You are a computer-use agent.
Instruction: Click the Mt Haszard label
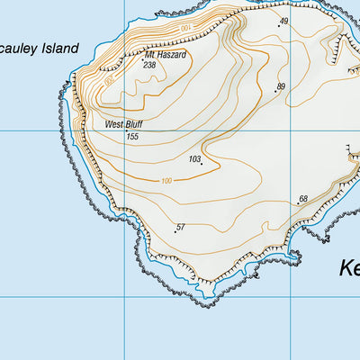pyautogui.click(x=165, y=55)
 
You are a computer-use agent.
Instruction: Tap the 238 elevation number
pyautogui.click(x=149, y=65)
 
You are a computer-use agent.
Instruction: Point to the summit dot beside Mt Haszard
pyautogui.click(x=141, y=59)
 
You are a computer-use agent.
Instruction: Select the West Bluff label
pyautogui.click(x=123, y=124)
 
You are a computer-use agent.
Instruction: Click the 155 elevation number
pyautogui.click(x=132, y=136)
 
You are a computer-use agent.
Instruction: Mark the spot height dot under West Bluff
pyautogui.click(x=125, y=131)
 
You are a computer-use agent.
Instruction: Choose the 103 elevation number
pyautogui.click(x=193, y=159)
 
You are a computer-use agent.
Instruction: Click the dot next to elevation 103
pyautogui.click(x=202, y=164)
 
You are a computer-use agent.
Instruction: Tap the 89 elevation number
pyautogui.click(x=281, y=86)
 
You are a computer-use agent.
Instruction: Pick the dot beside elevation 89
pyautogui.click(x=274, y=91)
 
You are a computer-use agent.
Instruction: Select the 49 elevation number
pyautogui.click(x=283, y=21)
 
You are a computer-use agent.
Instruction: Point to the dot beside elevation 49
pyautogui.click(x=278, y=26)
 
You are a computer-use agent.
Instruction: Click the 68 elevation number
pyautogui.click(x=303, y=199)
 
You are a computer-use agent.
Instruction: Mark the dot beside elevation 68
pyautogui.click(x=298, y=203)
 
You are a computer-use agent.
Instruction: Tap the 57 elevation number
pyautogui.click(x=181, y=227)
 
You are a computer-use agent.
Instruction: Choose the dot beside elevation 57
pyautogui.click(x=175, y=231)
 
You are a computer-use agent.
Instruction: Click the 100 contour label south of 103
pyautogui.click(x=166, y=181)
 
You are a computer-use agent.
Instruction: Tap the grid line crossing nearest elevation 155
pyautogui.click(x=123, y=130)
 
